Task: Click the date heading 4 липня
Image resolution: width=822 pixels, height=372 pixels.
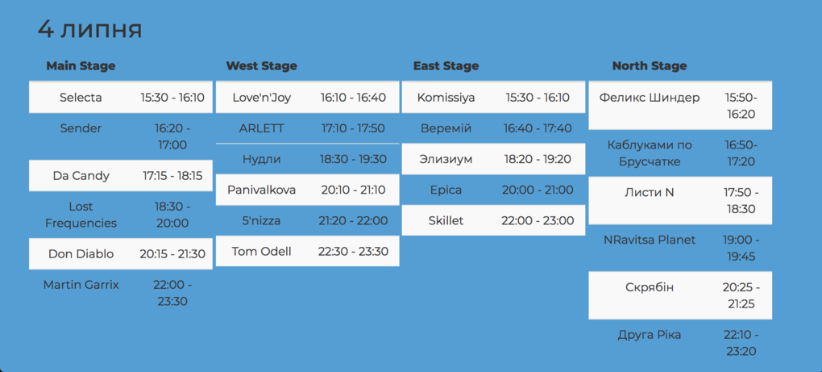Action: [89, 30]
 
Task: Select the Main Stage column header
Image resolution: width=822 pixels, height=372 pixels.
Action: [81, 66]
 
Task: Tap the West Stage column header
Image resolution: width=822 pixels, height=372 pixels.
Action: [262, 66]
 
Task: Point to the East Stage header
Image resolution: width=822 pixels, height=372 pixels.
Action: [446, 66]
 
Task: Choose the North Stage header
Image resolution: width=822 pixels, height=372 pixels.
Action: [649, 66]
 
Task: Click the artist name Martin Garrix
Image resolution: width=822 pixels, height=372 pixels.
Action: [81, 285]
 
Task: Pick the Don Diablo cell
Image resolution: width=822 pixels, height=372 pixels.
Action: [81, 254]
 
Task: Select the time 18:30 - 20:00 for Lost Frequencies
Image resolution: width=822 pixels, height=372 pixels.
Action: [172, 215]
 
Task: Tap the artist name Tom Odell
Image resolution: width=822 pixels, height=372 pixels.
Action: [262, 251]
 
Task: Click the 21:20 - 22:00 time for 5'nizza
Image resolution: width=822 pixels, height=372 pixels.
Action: [353, 221]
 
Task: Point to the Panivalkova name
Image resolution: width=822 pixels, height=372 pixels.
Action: [262, 190]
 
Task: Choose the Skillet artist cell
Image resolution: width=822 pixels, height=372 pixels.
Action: [446, 220]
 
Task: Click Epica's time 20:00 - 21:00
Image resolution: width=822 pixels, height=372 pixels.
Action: [538, 190]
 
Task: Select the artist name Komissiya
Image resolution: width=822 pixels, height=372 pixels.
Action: [446, 98]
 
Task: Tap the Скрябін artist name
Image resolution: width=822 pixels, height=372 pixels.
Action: [650, 287]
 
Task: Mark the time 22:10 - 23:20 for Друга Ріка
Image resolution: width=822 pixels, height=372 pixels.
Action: [741, 343]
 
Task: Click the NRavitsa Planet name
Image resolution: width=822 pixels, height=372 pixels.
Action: [650, 240]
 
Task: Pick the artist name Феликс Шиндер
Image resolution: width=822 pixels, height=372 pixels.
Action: [650, 98]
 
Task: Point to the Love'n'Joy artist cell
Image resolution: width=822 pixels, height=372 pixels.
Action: [262, 98]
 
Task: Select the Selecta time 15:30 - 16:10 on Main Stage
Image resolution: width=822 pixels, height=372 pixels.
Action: [172, 98]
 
